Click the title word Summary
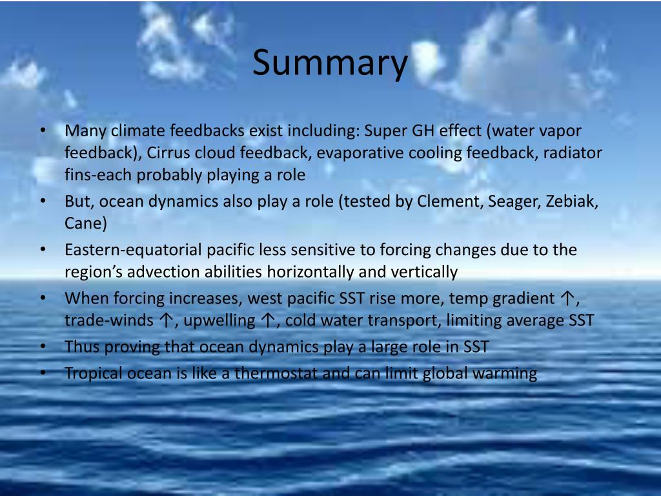pos(330,63)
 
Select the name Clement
pos(450,201)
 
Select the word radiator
pos(573,152)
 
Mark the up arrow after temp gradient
pos(568,298)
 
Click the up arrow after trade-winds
pos(167,320)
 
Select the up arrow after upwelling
pos(268,320)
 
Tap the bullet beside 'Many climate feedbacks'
pos(43,130)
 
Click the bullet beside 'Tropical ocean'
pos(43,373)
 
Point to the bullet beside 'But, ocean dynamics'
pos(43,201)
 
